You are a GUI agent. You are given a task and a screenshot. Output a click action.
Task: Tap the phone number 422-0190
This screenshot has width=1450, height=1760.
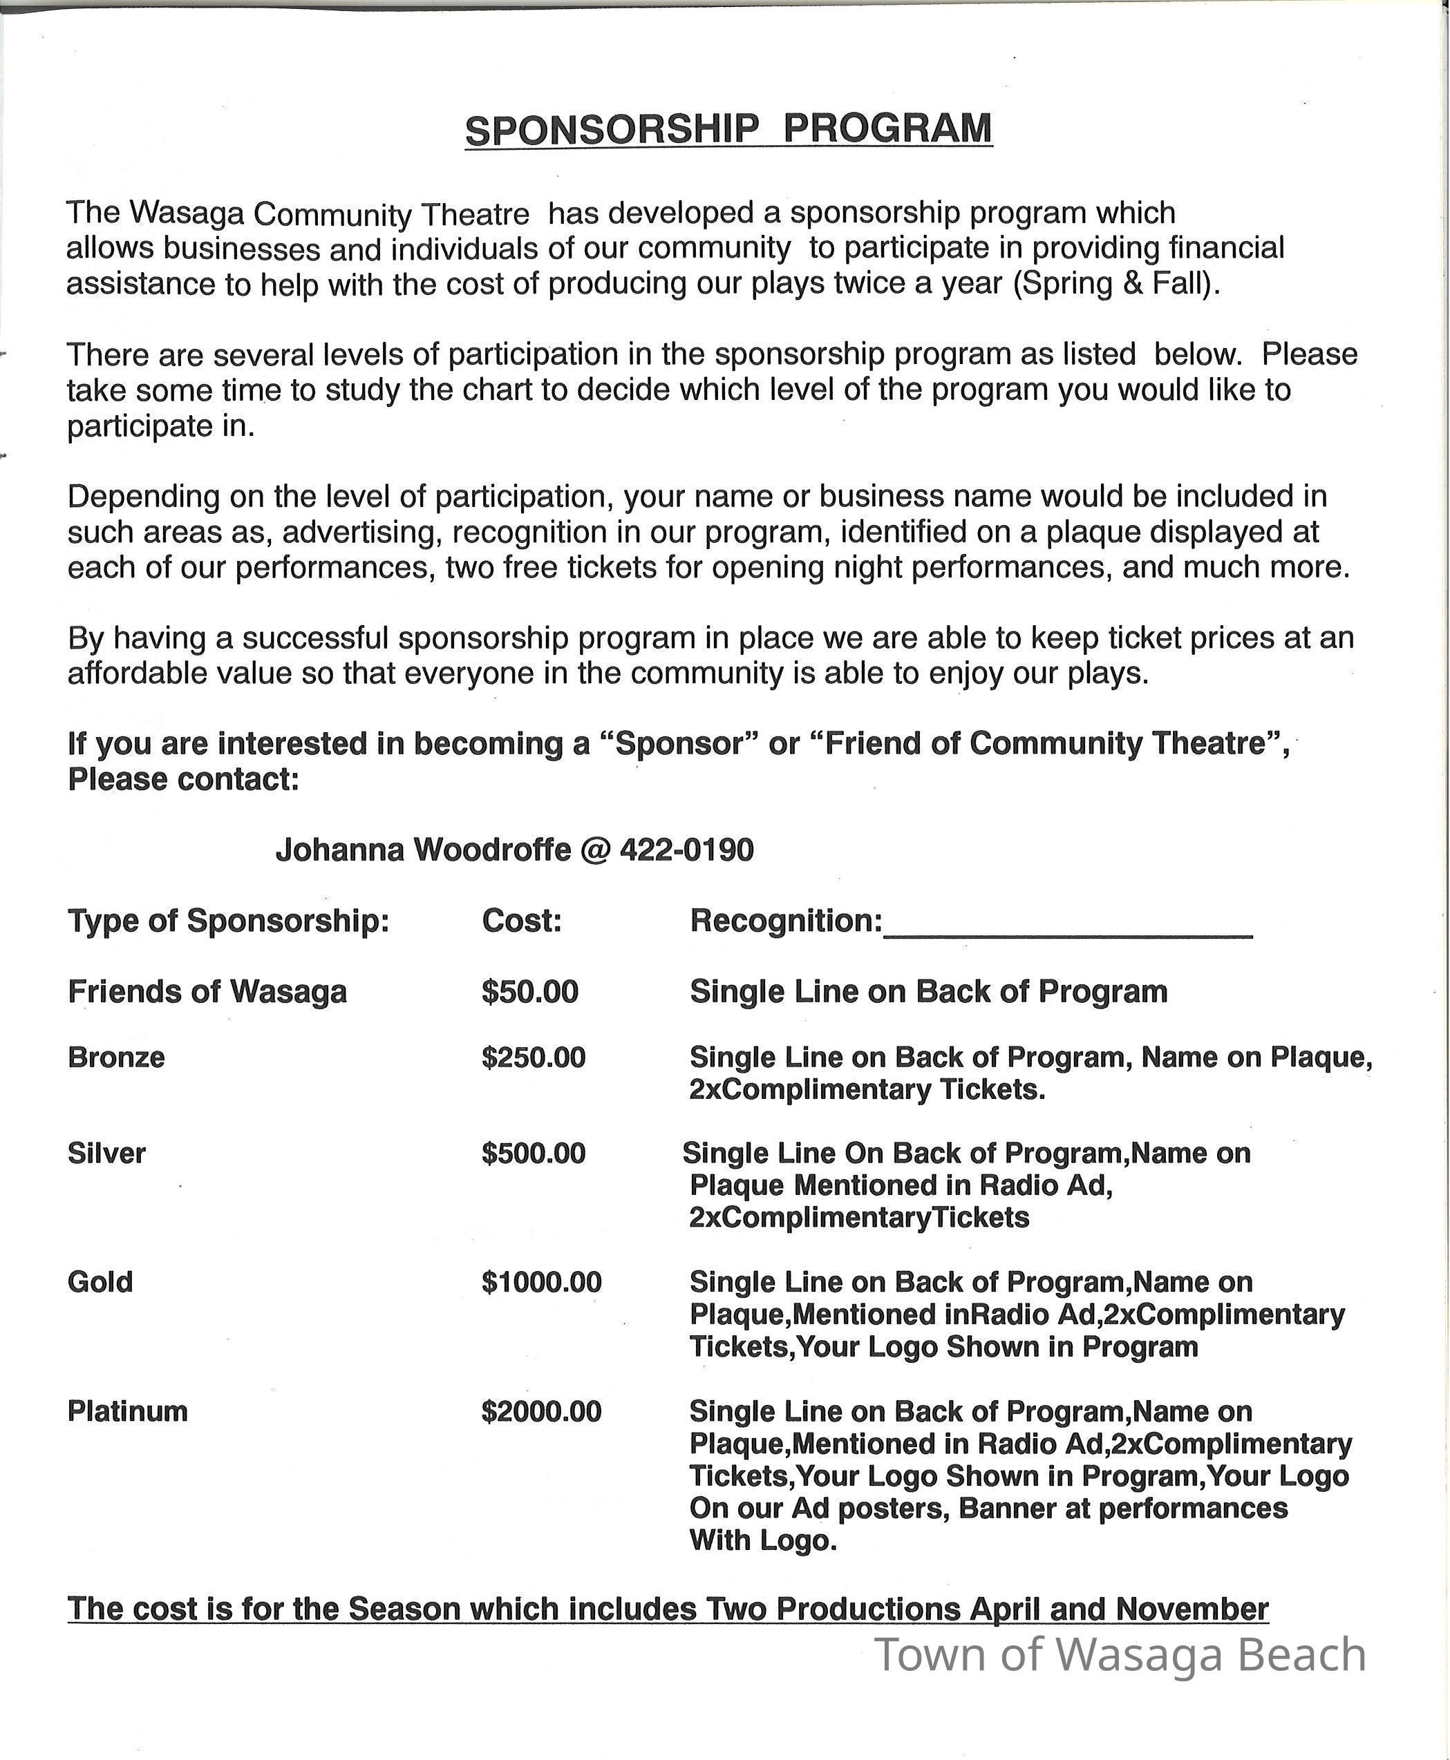click(x=686, y=850)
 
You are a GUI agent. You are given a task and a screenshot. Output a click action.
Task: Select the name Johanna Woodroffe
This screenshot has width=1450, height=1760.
click(x=424, y=850)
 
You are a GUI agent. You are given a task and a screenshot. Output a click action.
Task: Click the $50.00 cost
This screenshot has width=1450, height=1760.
click(x=529, y=992)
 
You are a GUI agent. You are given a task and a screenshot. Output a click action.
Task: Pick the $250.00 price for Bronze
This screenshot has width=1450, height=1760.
click(x=534, y=1058)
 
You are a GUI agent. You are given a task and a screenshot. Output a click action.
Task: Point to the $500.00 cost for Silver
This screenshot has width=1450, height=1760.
click(x=534, y=1154)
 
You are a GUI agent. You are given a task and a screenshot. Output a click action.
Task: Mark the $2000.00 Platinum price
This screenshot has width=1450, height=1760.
click(x=541, y=1412)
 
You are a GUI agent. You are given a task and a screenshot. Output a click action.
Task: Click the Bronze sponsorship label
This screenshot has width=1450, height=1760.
click(x=116, y=1058)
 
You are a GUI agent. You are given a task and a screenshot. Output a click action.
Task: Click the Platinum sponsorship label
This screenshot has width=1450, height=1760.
click(x=128, y=1412)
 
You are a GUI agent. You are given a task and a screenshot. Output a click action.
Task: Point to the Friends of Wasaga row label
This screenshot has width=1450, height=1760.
click(x=207, y=992)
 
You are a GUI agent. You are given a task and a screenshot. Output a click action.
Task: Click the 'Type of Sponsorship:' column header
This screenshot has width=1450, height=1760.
click(x=229, y=921)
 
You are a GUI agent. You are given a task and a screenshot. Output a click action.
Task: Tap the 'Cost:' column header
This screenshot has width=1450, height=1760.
click(x=522, y=921)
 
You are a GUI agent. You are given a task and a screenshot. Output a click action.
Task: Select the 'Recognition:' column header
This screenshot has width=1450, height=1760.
click(x=786, y=921)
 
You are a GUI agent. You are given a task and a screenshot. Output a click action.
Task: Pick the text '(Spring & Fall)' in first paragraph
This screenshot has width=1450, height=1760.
click(x=1116, y=285)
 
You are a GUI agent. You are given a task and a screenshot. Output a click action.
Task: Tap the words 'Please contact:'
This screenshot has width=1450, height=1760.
click(x=184, y=780)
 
